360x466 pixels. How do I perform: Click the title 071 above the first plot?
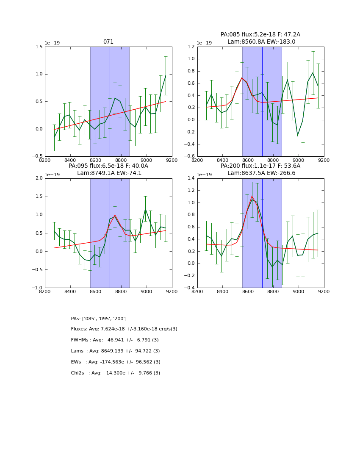pyautogui.click(x=108, y=42)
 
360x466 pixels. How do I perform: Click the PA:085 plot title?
pyautogui.click(x=260, y=38)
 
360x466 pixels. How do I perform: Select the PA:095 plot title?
pyautogui.click(x=108, y=169)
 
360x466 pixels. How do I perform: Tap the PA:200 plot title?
pyautogui.click(x=260, y=169)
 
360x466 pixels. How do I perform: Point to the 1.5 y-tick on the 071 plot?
pyautogui.click(x=38, y=47)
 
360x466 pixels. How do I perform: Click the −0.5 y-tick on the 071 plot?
pyautogui.click(x=37, y=156)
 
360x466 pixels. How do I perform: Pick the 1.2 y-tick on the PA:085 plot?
pyautogui.click(x=190, y=47)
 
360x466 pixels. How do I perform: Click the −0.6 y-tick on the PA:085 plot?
pyautogui.click(x=189, y=156)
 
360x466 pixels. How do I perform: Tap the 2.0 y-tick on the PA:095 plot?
pyautogui.click(x=38, y=178)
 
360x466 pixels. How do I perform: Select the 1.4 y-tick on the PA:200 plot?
pyautogui.click(x=190, y=178)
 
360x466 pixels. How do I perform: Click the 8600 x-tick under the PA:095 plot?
pyautogui.click(x=96, y=291)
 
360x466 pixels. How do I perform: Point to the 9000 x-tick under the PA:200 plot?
pyautogui.click(x=299, y=291)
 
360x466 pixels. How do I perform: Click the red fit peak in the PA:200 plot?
pyautogui.click(x=252, y=196)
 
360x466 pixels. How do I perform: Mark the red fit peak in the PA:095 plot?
pyautogui.click(x=115, y=215)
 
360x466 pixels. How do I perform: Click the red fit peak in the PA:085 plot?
pyautogui.click(x=242, y=78)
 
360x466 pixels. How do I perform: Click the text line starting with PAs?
pyautogui.click(x=99, y=319)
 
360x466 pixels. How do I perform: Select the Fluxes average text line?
pyautogui.click(x=124, y=329)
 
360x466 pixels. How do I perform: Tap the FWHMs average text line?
pyautogui.click(x=115, y=340)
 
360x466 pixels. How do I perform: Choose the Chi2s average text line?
pyautogui.click(x=116, y=373)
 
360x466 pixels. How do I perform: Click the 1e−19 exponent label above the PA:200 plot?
pyautogui.click(x=204, y=175)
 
